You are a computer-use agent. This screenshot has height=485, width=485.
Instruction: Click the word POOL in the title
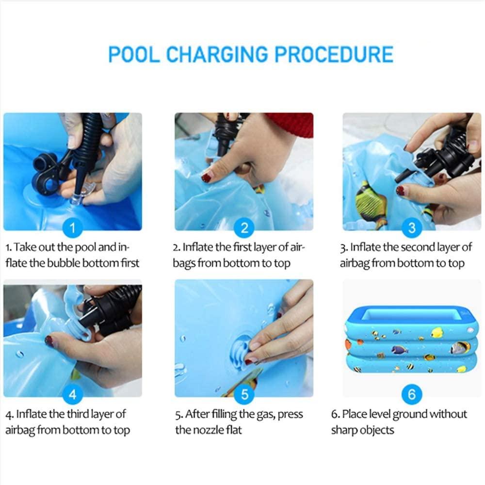click(134, 54)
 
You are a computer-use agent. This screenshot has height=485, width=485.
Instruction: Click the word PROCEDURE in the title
click(334, 54)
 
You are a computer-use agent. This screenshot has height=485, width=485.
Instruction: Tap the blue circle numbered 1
click(72, 228)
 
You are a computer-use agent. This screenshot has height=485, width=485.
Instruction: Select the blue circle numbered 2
click(244, 228)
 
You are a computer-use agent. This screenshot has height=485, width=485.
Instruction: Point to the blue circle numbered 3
click(412, 228)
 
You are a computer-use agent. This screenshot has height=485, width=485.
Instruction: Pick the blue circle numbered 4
click(72, 394)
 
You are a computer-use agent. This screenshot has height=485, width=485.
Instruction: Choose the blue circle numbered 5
click(244, 394)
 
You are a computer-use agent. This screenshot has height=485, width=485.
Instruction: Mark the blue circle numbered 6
click(412, 394)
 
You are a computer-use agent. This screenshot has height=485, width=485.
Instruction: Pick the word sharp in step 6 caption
click(343, 430)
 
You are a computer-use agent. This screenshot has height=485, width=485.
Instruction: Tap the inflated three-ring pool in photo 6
click(412, 339)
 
